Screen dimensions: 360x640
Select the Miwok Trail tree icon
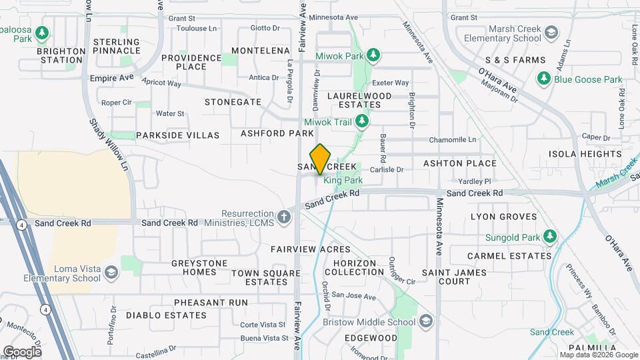point(362,121)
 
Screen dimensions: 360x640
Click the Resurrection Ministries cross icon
point(285,217)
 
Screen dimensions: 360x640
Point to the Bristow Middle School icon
point(425,322)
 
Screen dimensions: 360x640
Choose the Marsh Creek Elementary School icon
point(551,33)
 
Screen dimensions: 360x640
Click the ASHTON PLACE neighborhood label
point(460,163)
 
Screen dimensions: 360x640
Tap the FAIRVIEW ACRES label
point(301,249)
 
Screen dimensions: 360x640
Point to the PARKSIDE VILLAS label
point(177,135)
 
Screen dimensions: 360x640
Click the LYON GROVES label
point(503,217)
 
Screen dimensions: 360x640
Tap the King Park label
point(343,180)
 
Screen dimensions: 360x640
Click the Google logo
point(22,351)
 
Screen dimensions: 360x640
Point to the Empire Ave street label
point(112,79)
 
